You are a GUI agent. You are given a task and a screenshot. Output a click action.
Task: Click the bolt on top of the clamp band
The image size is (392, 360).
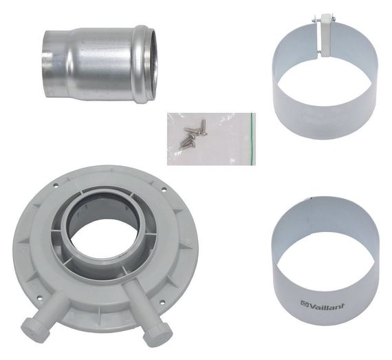[x=322, y=25]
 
